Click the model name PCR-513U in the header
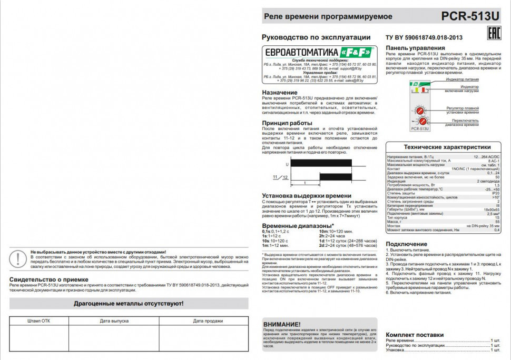(x=470, y=16)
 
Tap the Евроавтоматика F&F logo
(x=318, y=52)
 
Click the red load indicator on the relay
(x=427, y=91)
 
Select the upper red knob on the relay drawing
(x=420, y=111)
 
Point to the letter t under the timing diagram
(x=306, y=183)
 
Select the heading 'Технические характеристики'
(x=447, y=147)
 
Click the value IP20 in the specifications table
(x=495, y=193)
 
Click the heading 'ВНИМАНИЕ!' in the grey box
(x=282, y=324)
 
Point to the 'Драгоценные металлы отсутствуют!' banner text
(x=129, y=304)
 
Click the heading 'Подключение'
(x=406, y=244)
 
